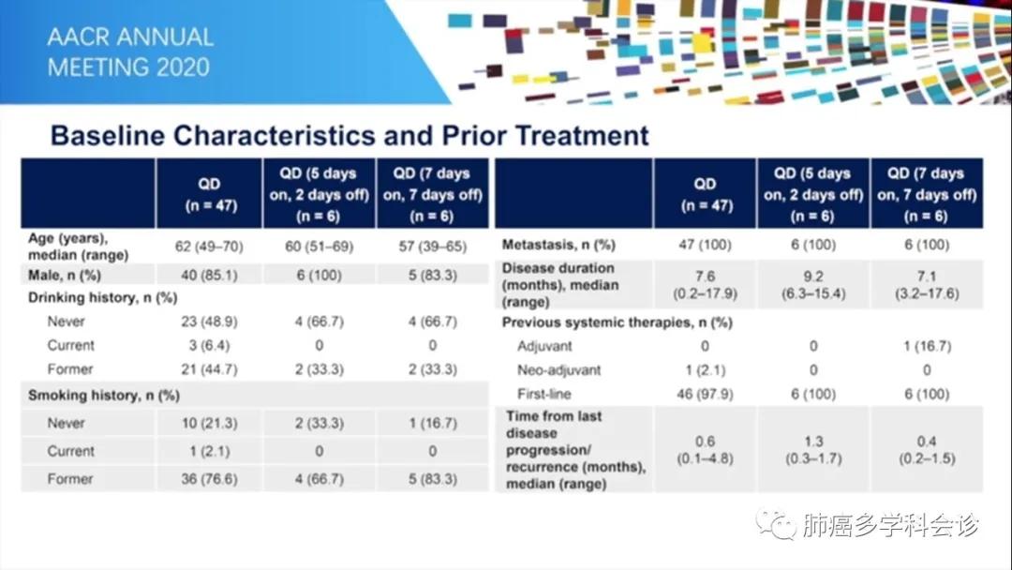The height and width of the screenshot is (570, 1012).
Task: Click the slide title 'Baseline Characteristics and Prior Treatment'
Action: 349,135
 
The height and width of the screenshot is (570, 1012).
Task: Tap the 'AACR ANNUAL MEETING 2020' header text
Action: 130,52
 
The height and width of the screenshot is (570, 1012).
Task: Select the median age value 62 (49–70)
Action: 209,246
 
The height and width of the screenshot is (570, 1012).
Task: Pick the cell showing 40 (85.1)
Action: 209,275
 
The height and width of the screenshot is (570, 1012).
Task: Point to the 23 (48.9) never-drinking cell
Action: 209,322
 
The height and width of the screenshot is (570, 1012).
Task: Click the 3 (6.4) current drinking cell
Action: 209,345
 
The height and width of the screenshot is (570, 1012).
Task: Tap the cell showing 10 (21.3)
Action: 209,423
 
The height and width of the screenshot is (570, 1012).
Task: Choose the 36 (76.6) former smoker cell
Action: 209,479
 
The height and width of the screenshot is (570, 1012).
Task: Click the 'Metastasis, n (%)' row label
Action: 558,246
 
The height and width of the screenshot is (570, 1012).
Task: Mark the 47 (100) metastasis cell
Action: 705,246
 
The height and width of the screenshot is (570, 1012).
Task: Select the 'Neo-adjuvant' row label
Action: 559,370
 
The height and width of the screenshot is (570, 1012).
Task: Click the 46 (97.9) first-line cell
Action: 705,394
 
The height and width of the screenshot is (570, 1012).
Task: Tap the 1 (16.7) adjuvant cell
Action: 926,346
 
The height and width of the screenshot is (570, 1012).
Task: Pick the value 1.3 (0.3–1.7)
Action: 812,450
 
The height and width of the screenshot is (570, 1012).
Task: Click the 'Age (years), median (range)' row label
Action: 78,247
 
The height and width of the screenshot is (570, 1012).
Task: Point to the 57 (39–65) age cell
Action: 432,246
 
